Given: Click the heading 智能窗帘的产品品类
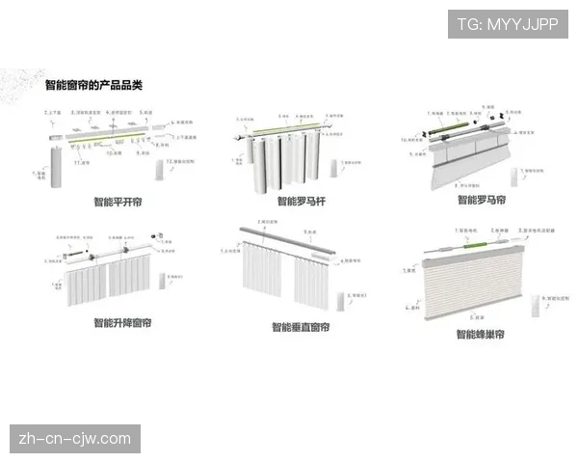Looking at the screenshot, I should [x=93, y=86].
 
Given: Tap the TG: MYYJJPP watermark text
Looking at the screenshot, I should [x=507, y=24].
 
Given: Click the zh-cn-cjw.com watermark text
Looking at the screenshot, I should [x=75, y=439].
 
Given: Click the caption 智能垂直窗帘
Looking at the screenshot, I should [x=302, y=328].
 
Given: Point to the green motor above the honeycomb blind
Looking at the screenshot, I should [x=473, y=245].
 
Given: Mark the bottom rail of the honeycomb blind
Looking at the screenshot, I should [x=472, y=308].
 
